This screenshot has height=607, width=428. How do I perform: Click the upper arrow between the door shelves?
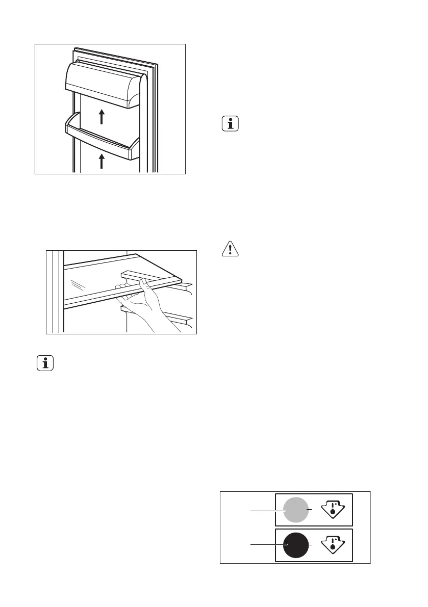point(102,117)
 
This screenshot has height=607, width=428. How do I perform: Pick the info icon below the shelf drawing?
point(46,363)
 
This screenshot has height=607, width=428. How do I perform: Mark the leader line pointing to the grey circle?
point(265,510)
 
